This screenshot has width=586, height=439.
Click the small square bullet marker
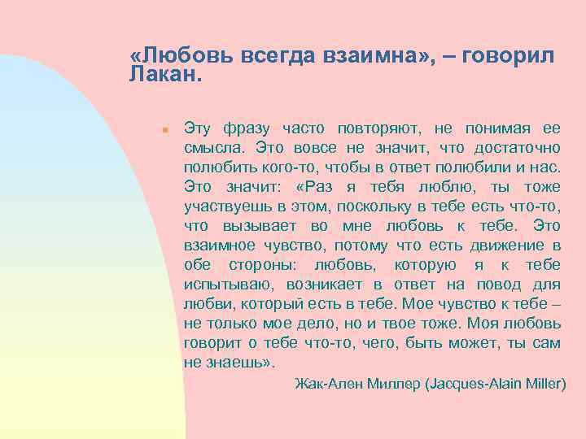pos(164,129)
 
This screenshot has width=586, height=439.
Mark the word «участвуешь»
pos(227,206)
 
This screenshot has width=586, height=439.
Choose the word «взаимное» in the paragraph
pos(221,245)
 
